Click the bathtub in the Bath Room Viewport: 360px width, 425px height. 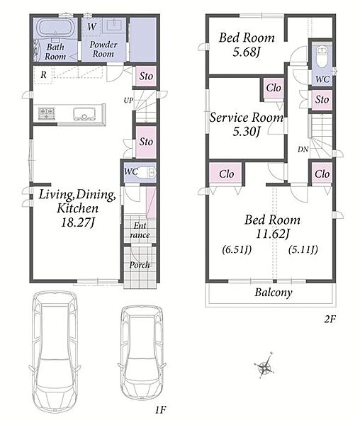click(x=56, y=28)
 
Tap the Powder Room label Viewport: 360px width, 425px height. click(x=103, y=49)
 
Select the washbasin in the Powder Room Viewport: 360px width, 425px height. click(x=116, y=25)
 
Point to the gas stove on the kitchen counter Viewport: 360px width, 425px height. click(x=47, y=113)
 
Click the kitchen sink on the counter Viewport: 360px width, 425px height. click(x=84, y=114)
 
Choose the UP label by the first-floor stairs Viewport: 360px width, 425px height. click(x=128, y=101)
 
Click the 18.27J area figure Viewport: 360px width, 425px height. click(x=78, y=223)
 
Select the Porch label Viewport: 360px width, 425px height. click(x=140, y=265)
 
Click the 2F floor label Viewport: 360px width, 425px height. click(x=330, y=319)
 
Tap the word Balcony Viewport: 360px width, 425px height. click(x=274, y=293)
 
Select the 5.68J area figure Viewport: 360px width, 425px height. click(x=247, y=52)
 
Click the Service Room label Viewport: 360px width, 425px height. click(x=247, y=118)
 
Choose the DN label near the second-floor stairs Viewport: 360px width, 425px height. click(x=303, y=149)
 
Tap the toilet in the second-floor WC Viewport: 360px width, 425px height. click(x=322, y=57)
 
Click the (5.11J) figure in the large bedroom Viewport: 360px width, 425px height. click(x=303, y=249)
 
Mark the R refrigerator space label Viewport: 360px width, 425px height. click(x=43, y=74)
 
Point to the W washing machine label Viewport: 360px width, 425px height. click(x=92, y=27)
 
